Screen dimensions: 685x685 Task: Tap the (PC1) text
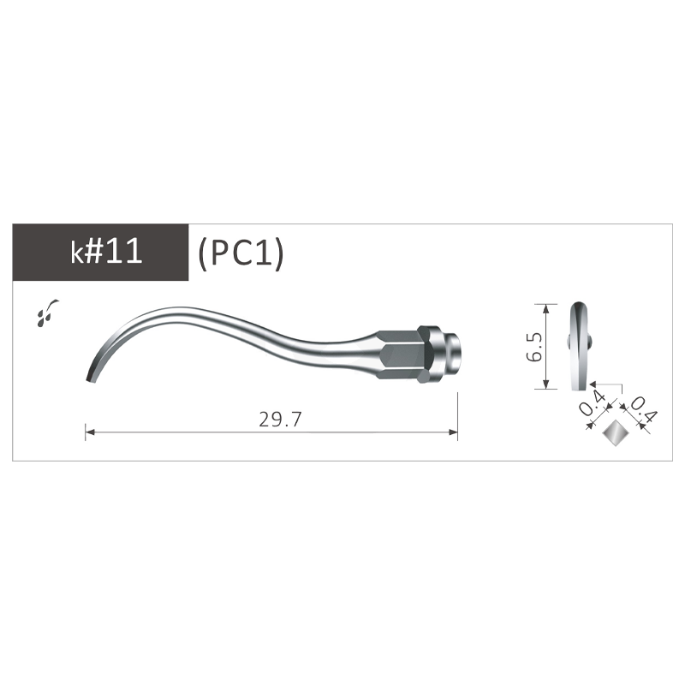click(239, 254)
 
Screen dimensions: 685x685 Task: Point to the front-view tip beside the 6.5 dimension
click(580, 342)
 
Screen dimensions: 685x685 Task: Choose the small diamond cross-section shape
click(614, 435)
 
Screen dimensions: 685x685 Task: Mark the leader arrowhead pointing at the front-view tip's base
click(591, 383)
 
